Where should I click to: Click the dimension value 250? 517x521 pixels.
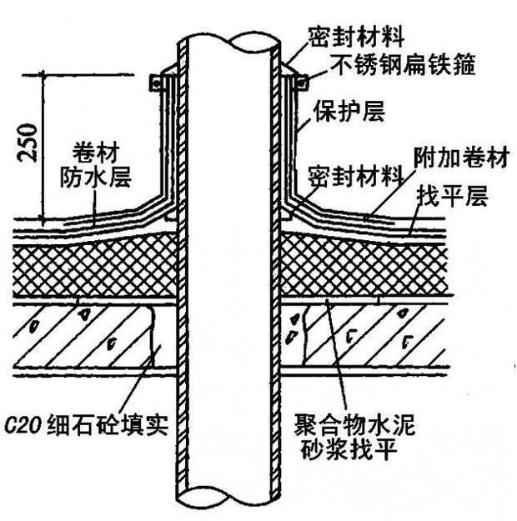point(27,136)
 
